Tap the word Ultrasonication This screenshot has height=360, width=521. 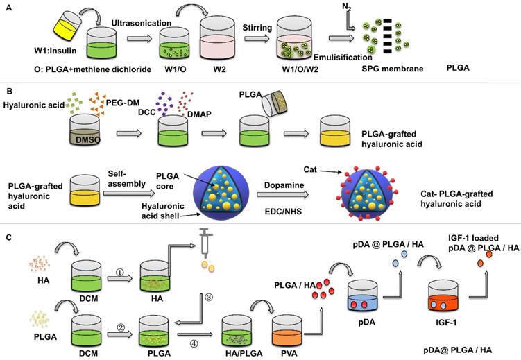point(140,24)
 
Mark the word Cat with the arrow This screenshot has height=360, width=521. point(310,169)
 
